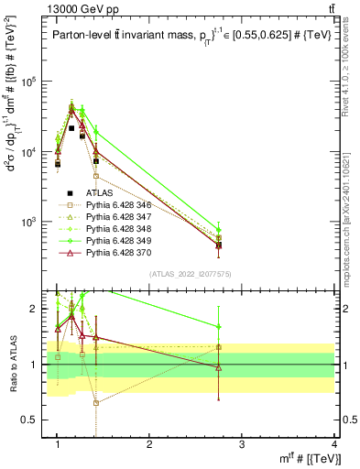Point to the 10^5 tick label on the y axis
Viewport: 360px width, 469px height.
pos(30,82)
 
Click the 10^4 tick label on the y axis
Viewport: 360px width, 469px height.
pos(30,152)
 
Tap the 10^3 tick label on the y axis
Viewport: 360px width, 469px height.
pos(30,223)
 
